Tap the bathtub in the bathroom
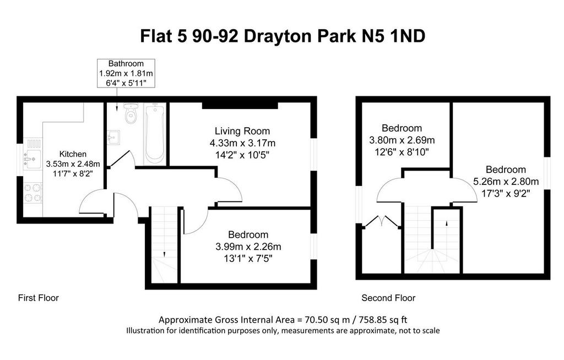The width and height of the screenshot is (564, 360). pyautogui.click(x=155, y=133)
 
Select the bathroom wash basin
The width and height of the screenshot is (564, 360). pyautogui.click(x=113, y=138)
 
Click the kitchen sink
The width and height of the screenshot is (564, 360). pyautogui.click(x=32, y=158)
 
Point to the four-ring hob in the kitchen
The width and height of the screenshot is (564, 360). pyautogui.click(x=32, y=193)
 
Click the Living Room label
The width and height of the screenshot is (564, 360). pyautogui.click(x=242, y=131)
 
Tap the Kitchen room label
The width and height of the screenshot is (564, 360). pyautogui.click(x=73, y=154)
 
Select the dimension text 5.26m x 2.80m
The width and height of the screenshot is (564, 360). pyautogui.click(x=506, y=182)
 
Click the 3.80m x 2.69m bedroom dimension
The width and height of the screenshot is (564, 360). pyautogui.click(x=402, y=140)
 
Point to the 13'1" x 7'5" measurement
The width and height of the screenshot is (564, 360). pyautogui.click(x=248, y=259)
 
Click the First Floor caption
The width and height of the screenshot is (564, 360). pyautogui.click(x=38, y=298)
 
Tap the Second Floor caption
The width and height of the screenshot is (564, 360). pyautogui.click(x=388, y=298)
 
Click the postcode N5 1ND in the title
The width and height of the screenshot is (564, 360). pyautogui.click(x=393, y=36)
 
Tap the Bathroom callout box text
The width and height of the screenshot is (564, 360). pyautogui.click(x=126, y=73)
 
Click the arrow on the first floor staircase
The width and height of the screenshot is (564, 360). pyautogui.click(x=164, y=254)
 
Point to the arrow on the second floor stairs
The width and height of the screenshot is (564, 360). pyautogui.click(x=447, y=223)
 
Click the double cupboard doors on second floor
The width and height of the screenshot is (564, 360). pyautogui.click(x=382, y=221)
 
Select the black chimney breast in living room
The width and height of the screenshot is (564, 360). pyautogui.click(x=240, y=105)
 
